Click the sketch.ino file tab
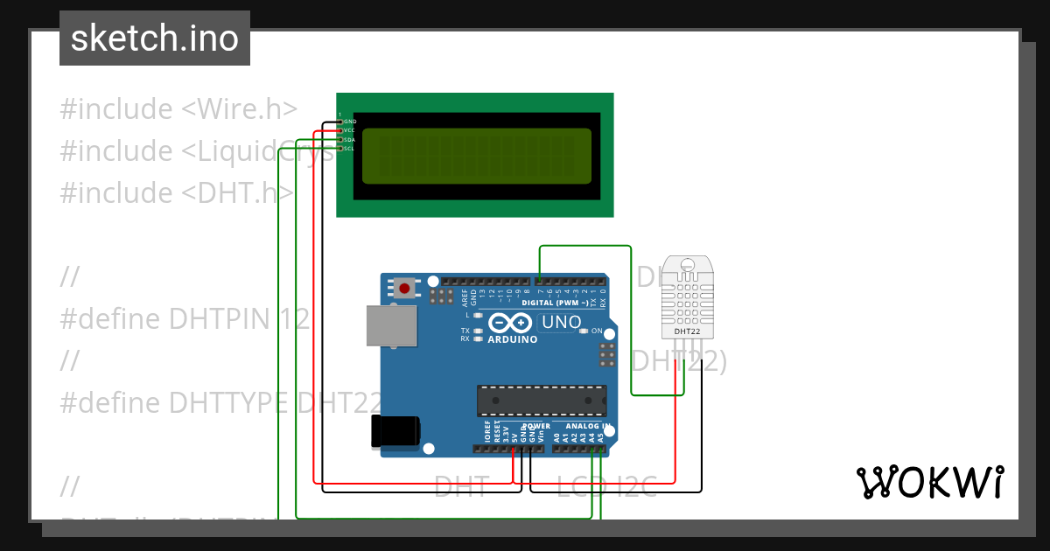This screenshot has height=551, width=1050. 154,38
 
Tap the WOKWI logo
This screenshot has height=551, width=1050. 929,482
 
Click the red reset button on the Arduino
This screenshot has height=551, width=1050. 404,287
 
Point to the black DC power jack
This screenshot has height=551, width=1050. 395,432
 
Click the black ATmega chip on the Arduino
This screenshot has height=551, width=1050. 541,400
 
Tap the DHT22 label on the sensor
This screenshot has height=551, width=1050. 687,331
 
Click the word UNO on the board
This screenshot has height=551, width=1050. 561,322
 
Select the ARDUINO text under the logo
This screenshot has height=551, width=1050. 512,339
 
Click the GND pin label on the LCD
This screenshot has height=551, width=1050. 350,121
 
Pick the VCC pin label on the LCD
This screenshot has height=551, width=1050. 350,130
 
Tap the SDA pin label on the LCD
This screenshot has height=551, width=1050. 350,140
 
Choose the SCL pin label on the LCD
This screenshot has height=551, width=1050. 350,149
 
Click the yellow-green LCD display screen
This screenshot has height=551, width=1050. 476,156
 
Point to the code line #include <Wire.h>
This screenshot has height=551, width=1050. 178,109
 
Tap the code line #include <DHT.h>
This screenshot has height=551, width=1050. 177,192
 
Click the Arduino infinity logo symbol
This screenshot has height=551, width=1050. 510,322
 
